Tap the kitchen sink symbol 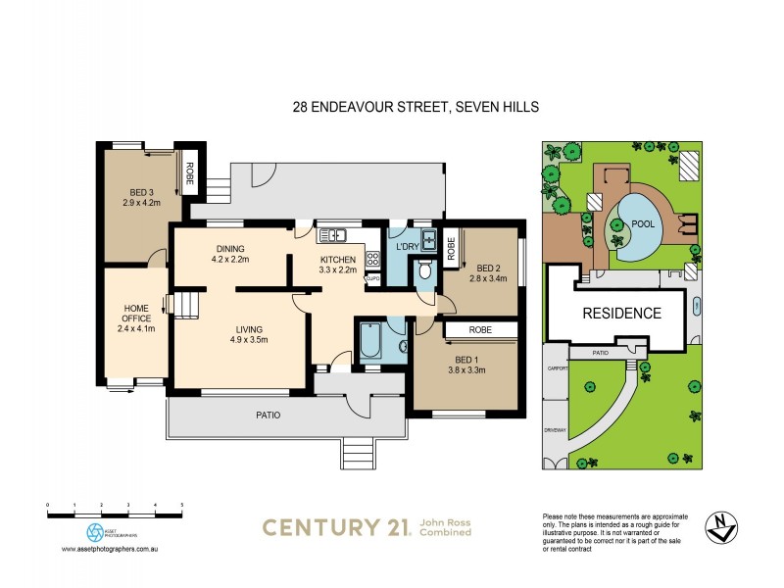pos(332,234)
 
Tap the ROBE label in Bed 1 pos(480,330)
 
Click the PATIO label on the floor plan pos(269,415)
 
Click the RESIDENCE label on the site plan pos(622,314)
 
